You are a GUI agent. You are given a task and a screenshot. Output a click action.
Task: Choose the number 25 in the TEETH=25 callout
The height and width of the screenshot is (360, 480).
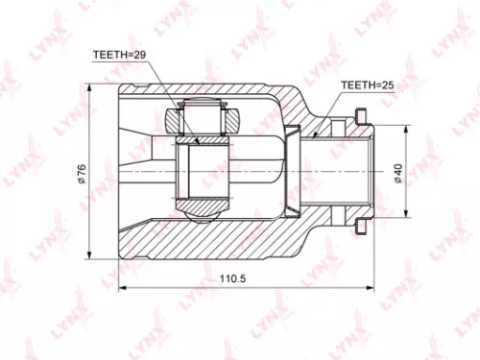pos(388,84)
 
